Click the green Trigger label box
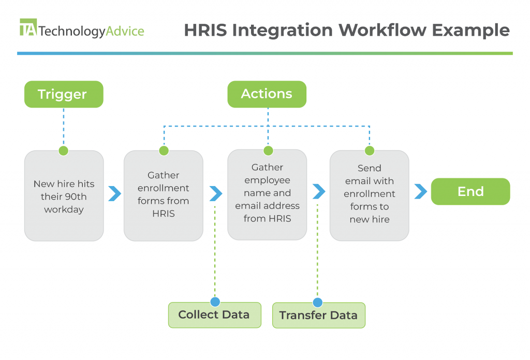pyautogui.click(x=63, y=94)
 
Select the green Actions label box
pyautogui.click(x=267, y=94)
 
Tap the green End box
pyautogui.click(x=470, y=192)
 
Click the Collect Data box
pyautogui.click(x=214, y=315)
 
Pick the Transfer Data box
pyautogui.click(x=318, y=316)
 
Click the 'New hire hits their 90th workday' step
pyautogui.click(x=64, y=196)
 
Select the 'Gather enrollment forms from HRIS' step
pyautogui.click(x=164, y=195)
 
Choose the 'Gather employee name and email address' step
pyautogui.click(x=268, y=194)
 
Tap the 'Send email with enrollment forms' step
pyautogui.click(x=369, y=194)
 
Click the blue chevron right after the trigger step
pyautogui.click(x=114, y=194)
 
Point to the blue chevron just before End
pyautogui.click(x=421, y=192)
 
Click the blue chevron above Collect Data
pyautogui.click(x=215, y=194)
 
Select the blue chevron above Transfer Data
pyautogui.click(x=319, y=192)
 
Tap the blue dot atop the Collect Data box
pyautogui.click(x=215, y=302)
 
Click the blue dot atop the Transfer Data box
pyautogui.click(x=318, y=303)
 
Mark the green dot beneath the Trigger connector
pyautogui.click(x=63, y=151)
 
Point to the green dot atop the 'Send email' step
pyautogui.click(x=370, y=151)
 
